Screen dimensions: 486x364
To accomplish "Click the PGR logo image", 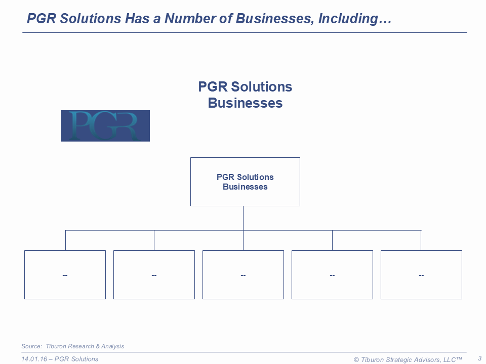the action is coord(105,126).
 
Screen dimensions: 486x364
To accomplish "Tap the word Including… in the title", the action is coord(355,19).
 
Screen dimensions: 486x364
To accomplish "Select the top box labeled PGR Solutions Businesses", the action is coord(245,181).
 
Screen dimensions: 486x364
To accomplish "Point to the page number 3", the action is coord(479,358).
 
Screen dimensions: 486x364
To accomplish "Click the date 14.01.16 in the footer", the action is coord(34,359).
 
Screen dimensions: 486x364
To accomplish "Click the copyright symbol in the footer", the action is coord(356,359).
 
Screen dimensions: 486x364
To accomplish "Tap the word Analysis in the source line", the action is coord(112,346).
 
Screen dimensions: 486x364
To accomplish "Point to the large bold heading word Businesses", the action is coord(245,103).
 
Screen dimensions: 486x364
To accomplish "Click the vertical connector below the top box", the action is coord(244,218).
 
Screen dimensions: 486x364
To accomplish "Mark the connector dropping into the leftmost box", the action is coord(65,240).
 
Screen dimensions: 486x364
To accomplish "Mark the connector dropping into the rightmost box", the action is coord(421,240).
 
